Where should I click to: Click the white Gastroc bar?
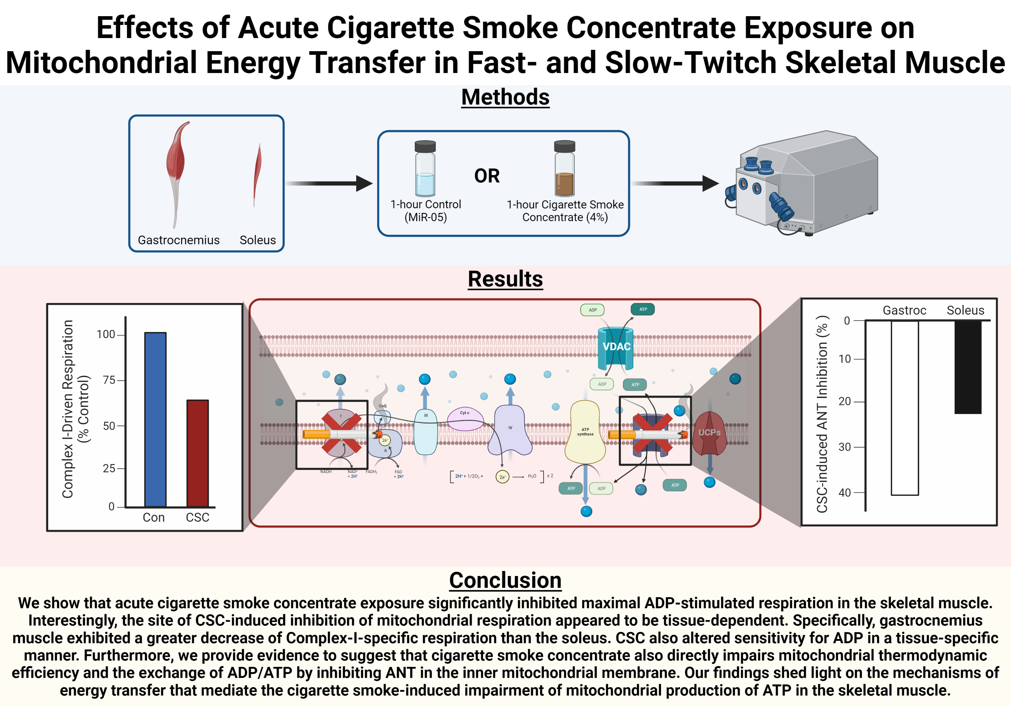click(x=905, y=408)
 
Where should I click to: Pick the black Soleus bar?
click(x=968, y=367)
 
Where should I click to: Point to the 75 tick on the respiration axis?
click(x=109, y=380)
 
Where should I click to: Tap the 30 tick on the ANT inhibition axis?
click(x=844, y=447)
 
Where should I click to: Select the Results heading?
click(x=505, y=279)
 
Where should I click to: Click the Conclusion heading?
click(x=505, y=580)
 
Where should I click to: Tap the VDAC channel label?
click(x=616, y=347)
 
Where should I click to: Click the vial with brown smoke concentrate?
click(x=564, y=169)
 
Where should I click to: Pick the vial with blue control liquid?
click(x=425, y=169)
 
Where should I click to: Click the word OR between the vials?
click(x=487, y=176)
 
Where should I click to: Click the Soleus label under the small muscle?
click(x=257, y=240)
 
